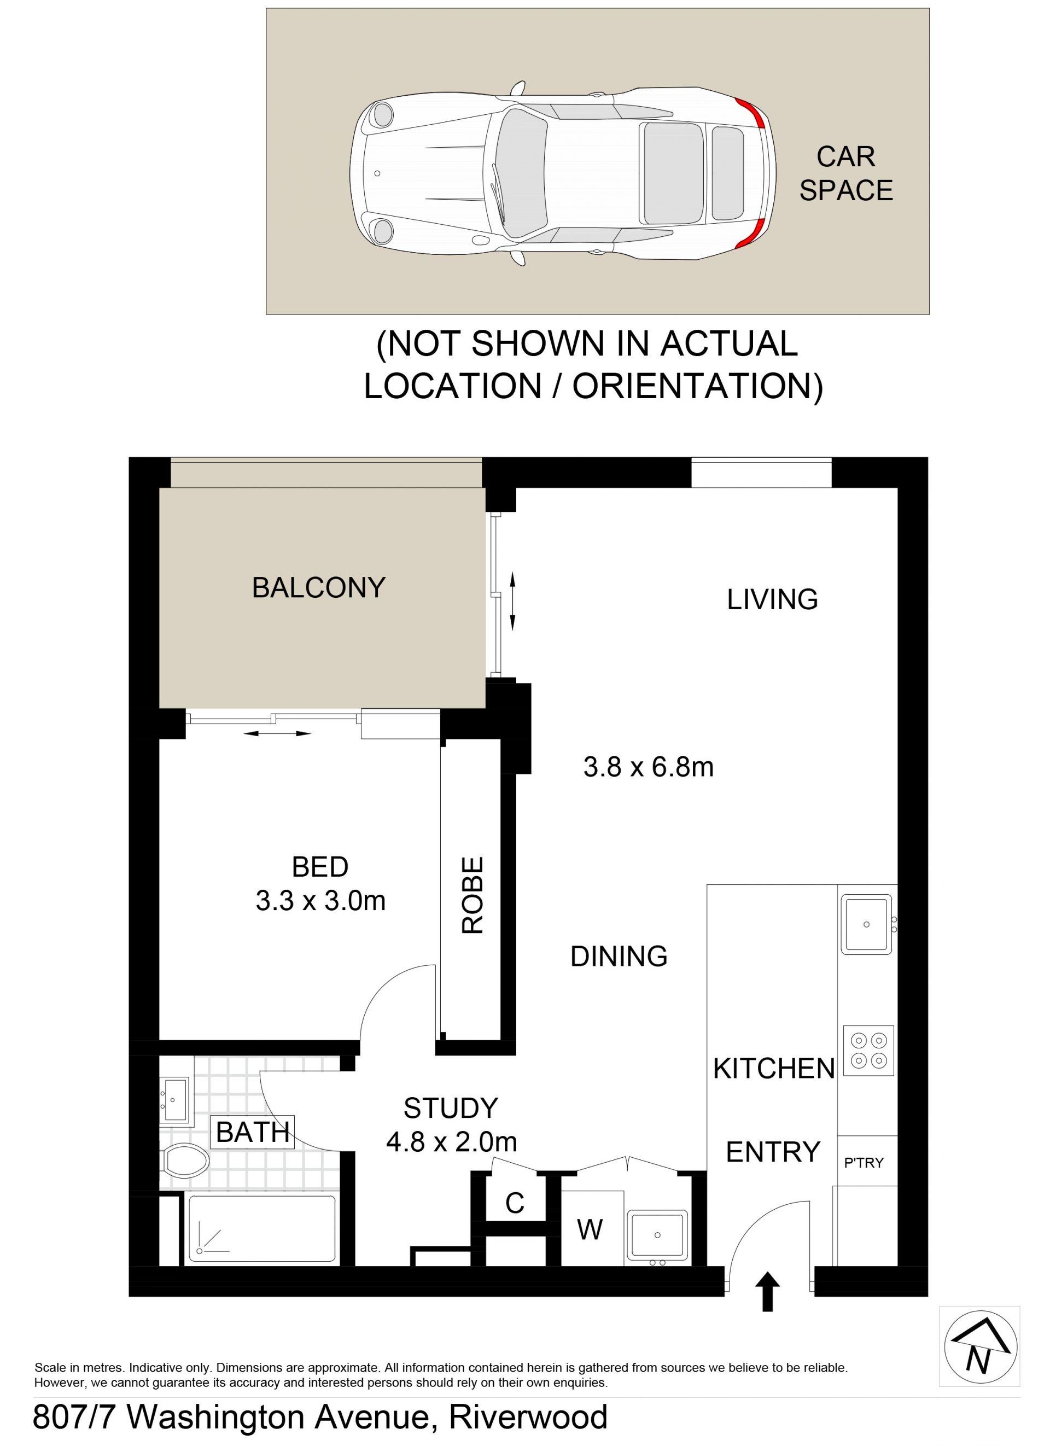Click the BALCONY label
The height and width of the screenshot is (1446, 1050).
tap(319, 587)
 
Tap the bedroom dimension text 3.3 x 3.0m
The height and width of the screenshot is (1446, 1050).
tap(320, 901)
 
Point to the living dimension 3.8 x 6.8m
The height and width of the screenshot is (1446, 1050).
tap(649, 766)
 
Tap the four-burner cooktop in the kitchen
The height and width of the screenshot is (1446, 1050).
tap(868, 1050)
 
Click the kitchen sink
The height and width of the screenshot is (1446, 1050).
tap(866, 924)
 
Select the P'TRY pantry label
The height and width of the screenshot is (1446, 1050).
tap(864, 1162)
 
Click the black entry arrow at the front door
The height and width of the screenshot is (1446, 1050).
tap(767, 1291)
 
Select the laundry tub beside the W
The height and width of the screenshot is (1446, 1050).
tap(658, 1235)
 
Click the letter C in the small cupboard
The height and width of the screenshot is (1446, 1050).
tap(515, 1203)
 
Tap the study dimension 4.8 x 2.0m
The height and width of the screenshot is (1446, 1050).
tap(451, 1141)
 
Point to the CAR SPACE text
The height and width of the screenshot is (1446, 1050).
tap(846, 173)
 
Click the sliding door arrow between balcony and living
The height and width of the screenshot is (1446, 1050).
tap(512, 600)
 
